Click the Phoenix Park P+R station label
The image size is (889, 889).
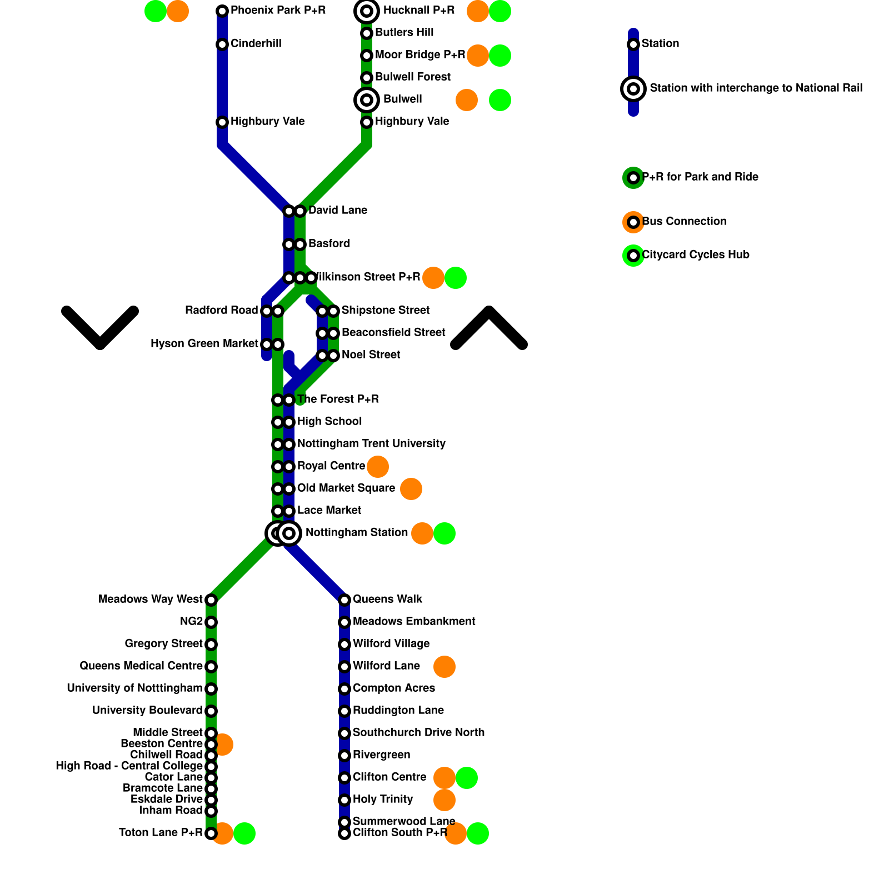tap(278, 11)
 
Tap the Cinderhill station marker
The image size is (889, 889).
tap(222, 44)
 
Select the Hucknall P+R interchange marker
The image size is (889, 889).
tap(367, 11)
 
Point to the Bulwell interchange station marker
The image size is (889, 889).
tap(367, 100)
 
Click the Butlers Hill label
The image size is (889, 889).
tap(404, 33)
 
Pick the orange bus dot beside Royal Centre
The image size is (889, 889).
tap(378, 467)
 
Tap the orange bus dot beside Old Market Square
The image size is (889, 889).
tap(411, 489)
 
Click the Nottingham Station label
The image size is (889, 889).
tap(357, 533)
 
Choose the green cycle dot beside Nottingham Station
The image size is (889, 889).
tap(444, 533)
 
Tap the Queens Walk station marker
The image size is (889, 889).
tap(344, 600)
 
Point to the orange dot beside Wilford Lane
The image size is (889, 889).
tap(444, 667)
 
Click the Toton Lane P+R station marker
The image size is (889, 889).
tap(211, 833)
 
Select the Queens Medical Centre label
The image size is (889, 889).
tap(141, 666)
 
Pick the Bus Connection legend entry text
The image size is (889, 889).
tap(684, 222)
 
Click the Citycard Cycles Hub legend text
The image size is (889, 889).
tap(696, 255)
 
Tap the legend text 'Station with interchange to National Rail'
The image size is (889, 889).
tap(756, 88)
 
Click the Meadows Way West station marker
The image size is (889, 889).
tap(211, 600)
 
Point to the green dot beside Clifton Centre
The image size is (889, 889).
tap(467, 778)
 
